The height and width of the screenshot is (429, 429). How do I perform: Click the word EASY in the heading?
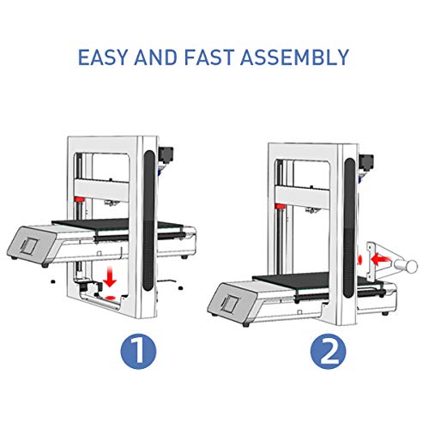pyautogui.click(x=102, y=57)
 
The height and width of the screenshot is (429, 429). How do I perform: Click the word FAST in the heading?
pyautogui.click(x=209, y=57)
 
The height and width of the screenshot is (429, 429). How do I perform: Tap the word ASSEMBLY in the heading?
pyautogui.click(x=294, y=57)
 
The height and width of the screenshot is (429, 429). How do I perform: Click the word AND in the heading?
pyautogui.click(x=156, y=57)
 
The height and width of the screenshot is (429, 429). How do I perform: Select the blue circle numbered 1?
pyautogui.click(x=138, y=351)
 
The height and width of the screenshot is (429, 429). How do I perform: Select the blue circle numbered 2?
pyautogui.click(x=329, y=351)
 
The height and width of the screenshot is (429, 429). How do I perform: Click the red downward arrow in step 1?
pyautogui.click(x=110, y=277)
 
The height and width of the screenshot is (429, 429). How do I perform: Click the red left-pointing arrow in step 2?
pyautogui.click(x=380, y=260)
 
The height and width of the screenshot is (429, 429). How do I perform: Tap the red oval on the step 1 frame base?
pyautogui.click(x=110, y=298)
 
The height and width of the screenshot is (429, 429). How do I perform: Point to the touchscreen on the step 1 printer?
pyautogui.click(x=29, y=246)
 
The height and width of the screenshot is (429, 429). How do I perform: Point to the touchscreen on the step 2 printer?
pyautogui.click(x=230, y=304)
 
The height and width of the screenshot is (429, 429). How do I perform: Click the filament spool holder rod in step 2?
pyautogui.click(x=406, y=265)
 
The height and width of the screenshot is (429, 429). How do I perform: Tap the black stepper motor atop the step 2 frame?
pyautogui.click(x=366, y=163)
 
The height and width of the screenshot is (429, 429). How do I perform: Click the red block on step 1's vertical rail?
pyautogui.click(x=79, y=199)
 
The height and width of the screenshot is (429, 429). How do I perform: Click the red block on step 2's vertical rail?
pyautogui.click(x=280, y=206)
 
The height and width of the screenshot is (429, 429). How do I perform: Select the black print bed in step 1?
pyautogui.click(x=118, y=224)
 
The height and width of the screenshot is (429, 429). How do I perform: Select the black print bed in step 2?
pyautogui.click(x=317, y=280)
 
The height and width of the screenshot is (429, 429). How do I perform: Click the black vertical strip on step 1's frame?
pyautogui.click(x=149, y=221)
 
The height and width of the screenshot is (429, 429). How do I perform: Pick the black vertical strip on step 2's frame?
pyautogui.click(x=349, y=228)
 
